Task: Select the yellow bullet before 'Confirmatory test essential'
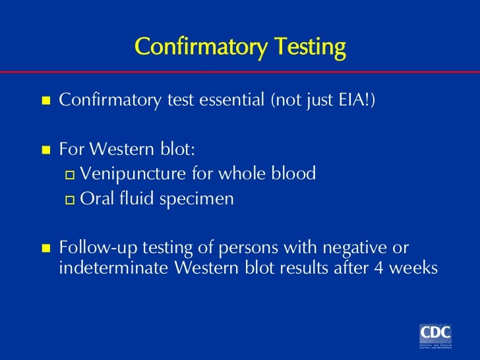click(x=45, y=102)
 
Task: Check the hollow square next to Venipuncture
click(x=71, y=175)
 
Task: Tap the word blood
click(x=292, y=174)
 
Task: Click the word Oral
click(x=94, y=198)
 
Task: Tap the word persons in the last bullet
click(x=251, y=249)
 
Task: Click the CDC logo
click(x=435, y=334)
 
